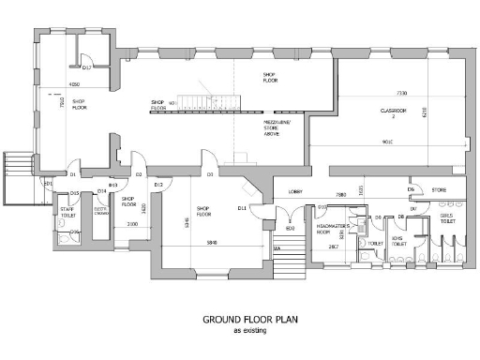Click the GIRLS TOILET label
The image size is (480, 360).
coord(448,219)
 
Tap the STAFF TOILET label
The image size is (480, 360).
coord(67,212)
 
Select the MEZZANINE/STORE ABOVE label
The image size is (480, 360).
coord(276,128)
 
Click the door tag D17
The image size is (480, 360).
coord(85,67)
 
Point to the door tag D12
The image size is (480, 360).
coord(159,185)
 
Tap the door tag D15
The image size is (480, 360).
coord(72,193)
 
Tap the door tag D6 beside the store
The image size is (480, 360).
coord(411,189)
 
